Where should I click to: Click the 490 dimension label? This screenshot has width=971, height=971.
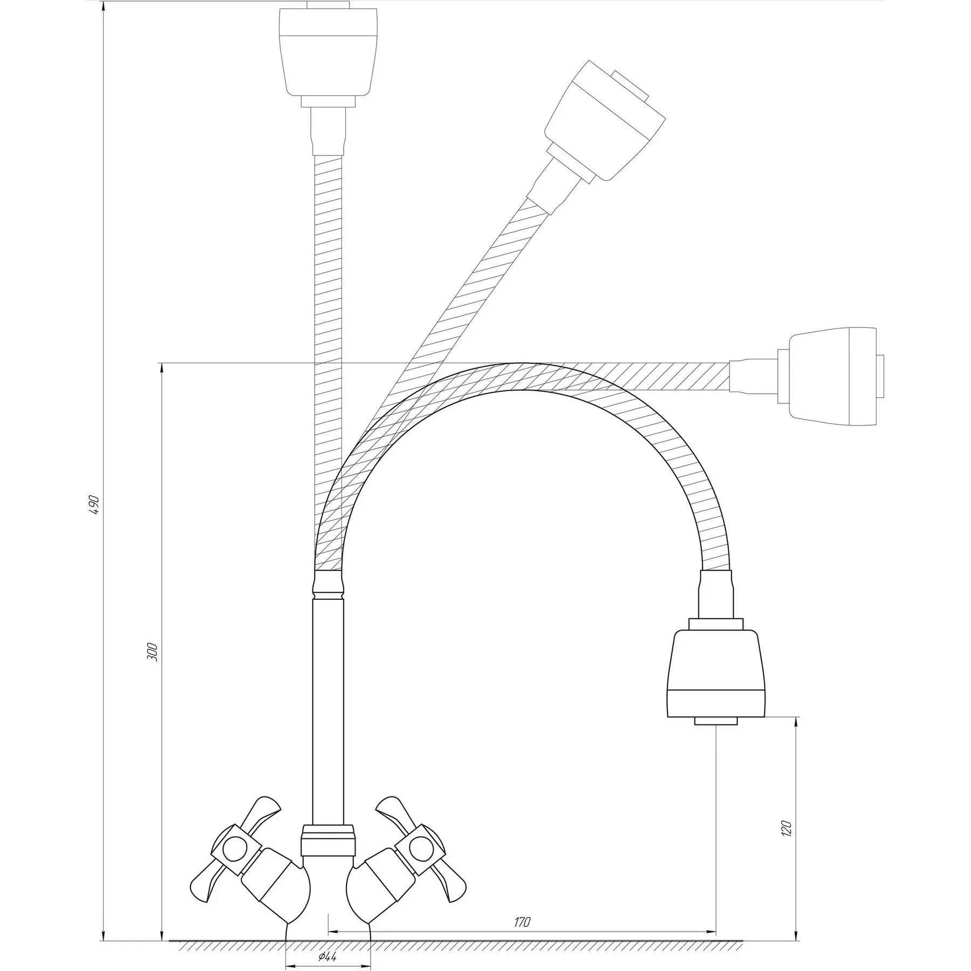94,504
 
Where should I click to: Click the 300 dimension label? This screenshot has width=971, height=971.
153,653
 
